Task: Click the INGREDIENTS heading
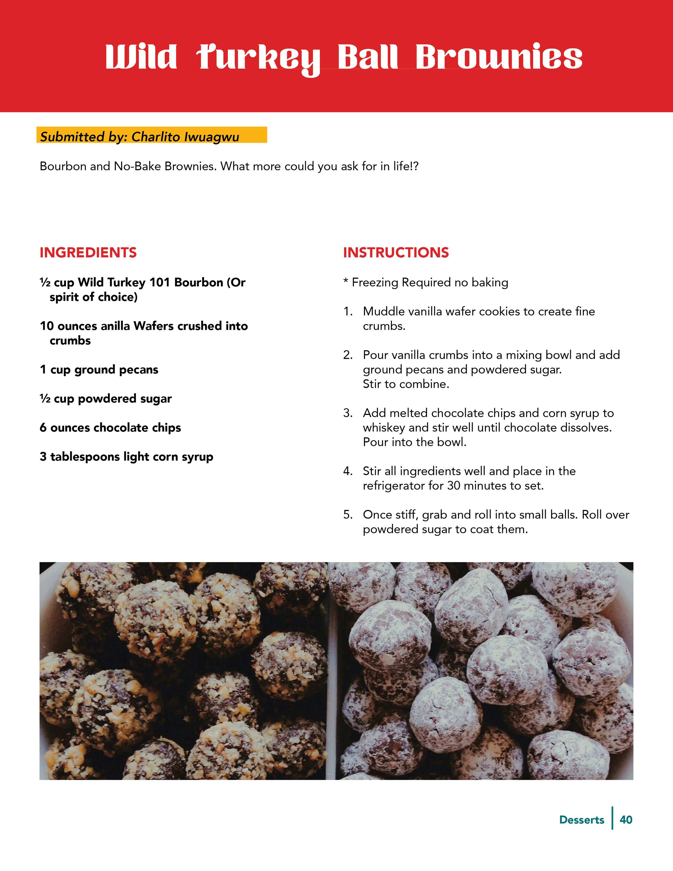[88, 253]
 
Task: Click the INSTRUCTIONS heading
[396, 253]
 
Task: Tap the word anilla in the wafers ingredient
[115, 326]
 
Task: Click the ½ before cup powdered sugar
[45, 398]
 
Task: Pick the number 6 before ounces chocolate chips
[43, 428]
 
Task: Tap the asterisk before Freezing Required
[346, 282]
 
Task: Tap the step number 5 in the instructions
[347, 515]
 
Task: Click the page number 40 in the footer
[626, 820]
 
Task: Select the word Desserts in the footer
[582, 820]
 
